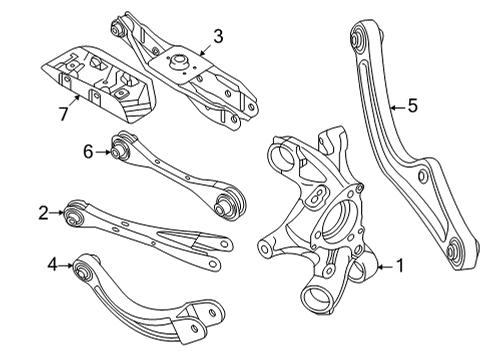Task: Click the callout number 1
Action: pyautogui.click(x=400, y=266)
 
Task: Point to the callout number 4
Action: pyautogui.click(x=52, y=265)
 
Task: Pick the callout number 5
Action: pyautogui.click(x=411, y=104)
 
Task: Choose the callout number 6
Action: pyautogui.click(x=88, y=151)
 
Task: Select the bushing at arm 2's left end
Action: pyautogui.click(x=73, y=212)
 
